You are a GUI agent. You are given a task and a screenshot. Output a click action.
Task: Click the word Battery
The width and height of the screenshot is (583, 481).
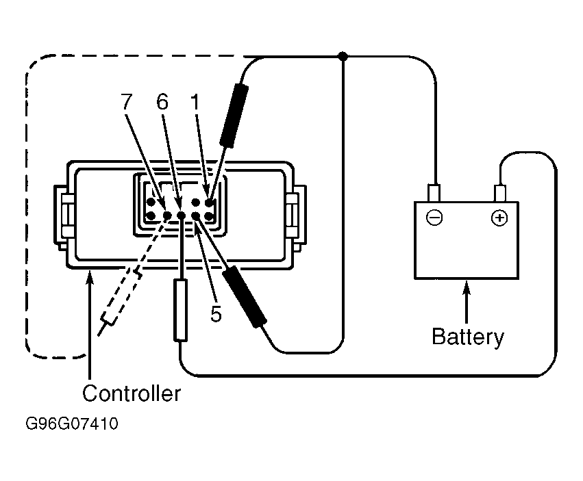[468, 337]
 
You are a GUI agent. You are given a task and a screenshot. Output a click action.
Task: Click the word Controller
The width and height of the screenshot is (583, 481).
[132, 393]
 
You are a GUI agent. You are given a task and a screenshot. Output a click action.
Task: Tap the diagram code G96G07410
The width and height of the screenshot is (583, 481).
[72, 424]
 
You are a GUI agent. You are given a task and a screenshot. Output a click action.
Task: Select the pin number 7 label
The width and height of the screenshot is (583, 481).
[127, 101]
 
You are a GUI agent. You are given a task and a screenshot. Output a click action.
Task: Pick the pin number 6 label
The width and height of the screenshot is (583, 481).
[162, 101]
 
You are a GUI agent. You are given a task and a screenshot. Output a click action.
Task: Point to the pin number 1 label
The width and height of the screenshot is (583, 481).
[195, 101]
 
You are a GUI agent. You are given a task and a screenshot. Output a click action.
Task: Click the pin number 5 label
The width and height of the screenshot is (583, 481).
[216, 314]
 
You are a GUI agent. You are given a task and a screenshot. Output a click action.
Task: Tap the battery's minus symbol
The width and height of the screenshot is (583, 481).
[434, 218]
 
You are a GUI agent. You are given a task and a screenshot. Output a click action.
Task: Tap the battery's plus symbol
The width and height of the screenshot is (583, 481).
[499, 218]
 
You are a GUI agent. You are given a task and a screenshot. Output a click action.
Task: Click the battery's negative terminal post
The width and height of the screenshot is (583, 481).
[434, 193]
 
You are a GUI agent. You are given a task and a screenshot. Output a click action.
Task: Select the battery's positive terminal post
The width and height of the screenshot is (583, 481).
[499, 193]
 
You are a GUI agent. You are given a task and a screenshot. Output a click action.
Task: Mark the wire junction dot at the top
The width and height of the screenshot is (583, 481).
[343, 57]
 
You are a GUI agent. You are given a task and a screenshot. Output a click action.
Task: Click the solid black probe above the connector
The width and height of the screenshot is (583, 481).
[234, 116]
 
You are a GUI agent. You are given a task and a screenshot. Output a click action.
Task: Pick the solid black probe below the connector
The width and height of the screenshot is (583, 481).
[244, 297]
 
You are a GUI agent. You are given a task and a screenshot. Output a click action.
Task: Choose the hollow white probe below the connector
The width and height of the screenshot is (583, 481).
[181, 311]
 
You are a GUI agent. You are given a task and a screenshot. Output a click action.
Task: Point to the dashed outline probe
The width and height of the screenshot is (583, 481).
[120, 301]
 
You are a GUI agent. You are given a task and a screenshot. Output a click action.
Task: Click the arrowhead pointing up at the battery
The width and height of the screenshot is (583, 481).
[467, 287]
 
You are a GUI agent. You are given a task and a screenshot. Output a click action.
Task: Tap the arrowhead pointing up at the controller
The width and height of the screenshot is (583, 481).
[89, 276]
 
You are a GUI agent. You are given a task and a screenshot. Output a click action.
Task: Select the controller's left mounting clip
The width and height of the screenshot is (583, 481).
[63, 216]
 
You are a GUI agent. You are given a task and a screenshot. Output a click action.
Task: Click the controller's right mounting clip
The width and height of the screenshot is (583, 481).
[297, 216]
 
